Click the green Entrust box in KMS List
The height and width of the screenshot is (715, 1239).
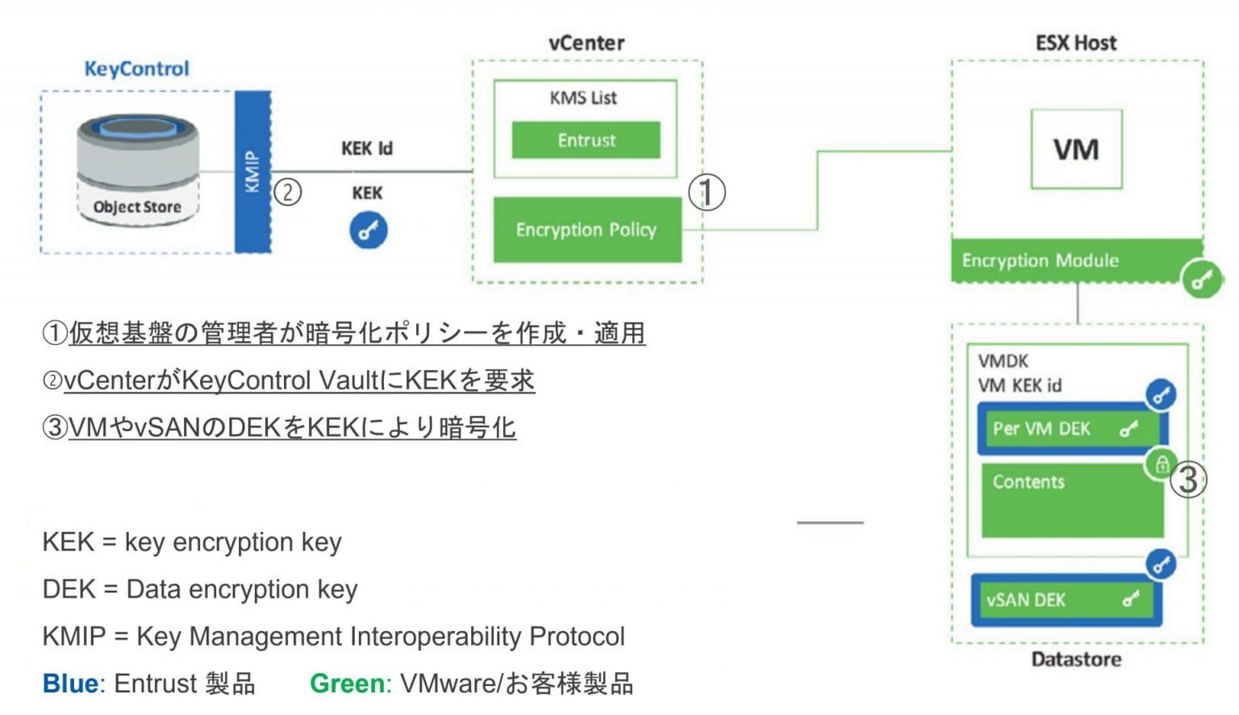(586, 140)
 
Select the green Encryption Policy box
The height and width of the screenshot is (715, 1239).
(586, 230)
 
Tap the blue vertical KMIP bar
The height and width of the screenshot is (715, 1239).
(252, 172)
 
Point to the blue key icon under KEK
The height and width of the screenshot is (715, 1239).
(368, 231)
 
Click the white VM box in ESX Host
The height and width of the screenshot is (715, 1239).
(1076, 149)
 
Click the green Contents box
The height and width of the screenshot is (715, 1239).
(1071, 500)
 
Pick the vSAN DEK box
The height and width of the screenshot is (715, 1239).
(1065, 600)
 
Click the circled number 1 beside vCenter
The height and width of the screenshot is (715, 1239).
(707, 193)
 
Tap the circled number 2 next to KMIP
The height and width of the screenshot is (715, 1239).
(288, 192)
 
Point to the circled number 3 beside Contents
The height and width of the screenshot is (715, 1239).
(1188, 480)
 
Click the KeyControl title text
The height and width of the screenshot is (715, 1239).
(136, 69)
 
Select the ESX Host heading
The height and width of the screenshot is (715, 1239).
(1075, 43)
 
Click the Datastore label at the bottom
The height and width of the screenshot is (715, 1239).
(1076, 659)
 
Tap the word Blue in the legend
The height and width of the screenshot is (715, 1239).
(70, 684)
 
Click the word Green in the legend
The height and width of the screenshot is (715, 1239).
(347, 684)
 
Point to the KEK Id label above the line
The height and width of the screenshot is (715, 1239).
(366, 148)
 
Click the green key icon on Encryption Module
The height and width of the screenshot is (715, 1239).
(1202, 280)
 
